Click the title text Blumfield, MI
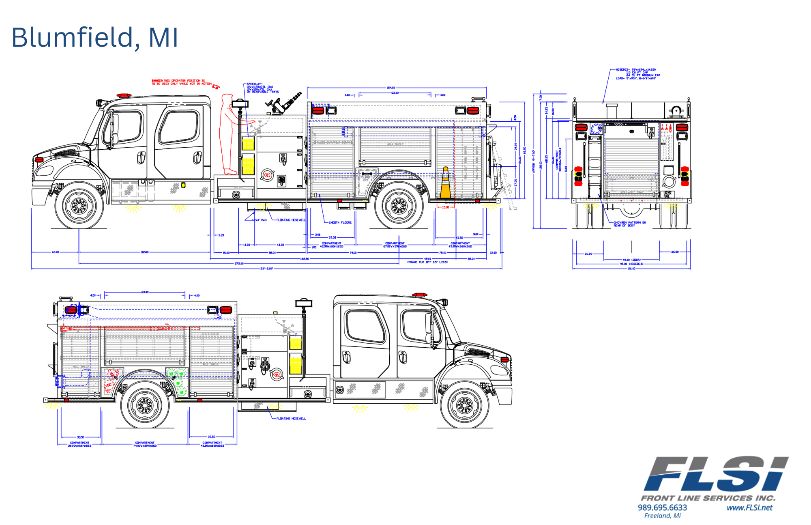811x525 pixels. coord(94,37)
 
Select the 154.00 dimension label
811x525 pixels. coord(390,88)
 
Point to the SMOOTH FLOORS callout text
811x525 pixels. coord(340,223)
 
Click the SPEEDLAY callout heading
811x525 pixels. coord(255,84)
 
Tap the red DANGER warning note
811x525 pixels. coord(181,82)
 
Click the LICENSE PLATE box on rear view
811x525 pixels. coord(666,194)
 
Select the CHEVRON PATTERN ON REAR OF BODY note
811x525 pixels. coord(629,224)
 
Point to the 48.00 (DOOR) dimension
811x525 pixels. coord(631,260)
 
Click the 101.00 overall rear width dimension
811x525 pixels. coord(631,269)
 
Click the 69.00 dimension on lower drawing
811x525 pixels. coord(145,292)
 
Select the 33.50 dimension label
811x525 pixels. coord(81,437)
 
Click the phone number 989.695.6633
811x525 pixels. coord(662,508)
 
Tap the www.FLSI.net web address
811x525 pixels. coord(749,508)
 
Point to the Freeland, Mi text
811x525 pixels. coord(662,516)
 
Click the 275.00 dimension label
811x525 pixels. coord(239,264)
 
